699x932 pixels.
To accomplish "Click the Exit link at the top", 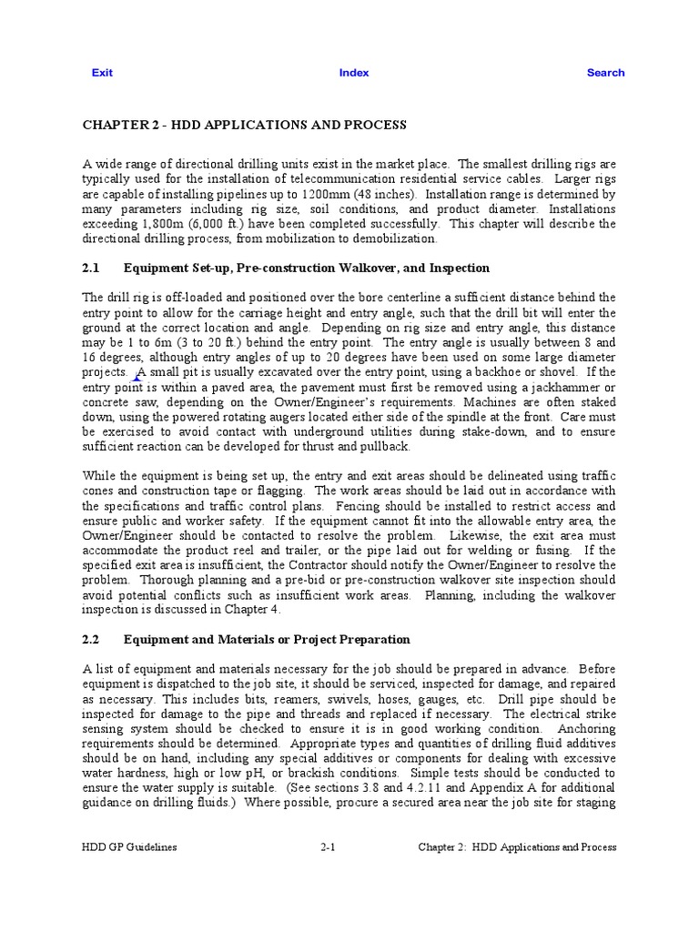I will tap(102, 73).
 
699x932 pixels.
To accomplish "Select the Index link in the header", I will tap(354, 73).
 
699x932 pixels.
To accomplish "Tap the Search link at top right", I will tap(605, 73).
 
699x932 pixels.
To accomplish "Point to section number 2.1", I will tap(90, 268).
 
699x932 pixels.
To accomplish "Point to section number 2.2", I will tap(90, 640).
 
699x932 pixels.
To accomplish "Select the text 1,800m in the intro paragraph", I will tap(163, 224).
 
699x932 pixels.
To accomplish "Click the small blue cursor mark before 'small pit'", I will tap(138, 374).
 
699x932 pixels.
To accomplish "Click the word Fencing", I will tap(360, 505).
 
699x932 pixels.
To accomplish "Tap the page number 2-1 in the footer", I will tap(329, 846).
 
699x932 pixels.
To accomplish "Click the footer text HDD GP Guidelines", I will tap(130, 846).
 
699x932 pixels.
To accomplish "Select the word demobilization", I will tap(394, 238).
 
